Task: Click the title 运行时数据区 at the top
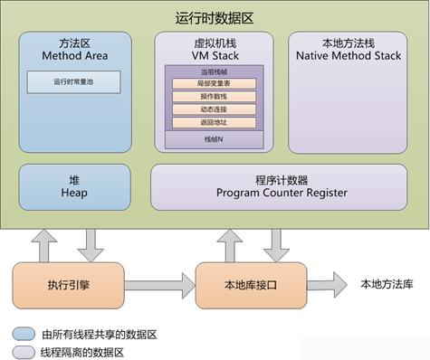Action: (215, 16)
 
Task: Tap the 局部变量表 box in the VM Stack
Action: (214, 84)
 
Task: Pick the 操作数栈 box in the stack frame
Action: (214, 96)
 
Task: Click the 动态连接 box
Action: (214, 109)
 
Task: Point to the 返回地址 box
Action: (214, 121)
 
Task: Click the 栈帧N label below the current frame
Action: (214, 139)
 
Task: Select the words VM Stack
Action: (214, 54)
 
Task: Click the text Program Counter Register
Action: (282, 192)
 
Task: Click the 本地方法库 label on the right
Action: (387, 283)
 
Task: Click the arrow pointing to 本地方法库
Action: (328, 283)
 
